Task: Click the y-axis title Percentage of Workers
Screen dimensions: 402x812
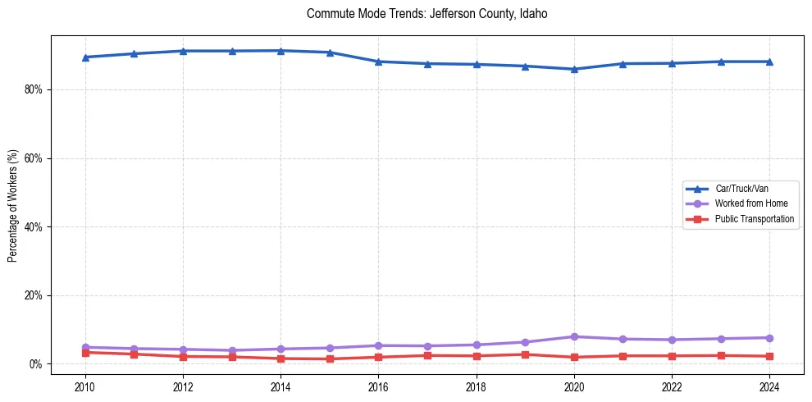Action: [x=12, y=205]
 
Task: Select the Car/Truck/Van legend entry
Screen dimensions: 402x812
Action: [x=741, y=189]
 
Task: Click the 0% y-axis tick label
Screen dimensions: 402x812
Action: [x=34, y=364]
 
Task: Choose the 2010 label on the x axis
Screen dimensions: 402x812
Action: [x=85, y=386]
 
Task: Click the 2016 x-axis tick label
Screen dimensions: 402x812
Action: [x=378, y=386]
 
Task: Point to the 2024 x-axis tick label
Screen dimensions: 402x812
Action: [x=769, y=386]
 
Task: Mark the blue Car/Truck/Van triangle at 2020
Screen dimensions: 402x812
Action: [x=574, y=69]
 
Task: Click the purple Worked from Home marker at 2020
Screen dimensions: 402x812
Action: [x=574, y=336]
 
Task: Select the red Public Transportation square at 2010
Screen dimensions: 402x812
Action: [x=85, y=352]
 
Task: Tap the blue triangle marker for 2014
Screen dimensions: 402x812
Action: [x=281, y=51]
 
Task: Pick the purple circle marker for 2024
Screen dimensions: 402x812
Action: [x=769, y=338]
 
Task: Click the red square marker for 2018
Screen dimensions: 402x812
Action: [x=477, y=355]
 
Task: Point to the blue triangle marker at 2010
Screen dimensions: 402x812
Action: [x=85, y=57]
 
